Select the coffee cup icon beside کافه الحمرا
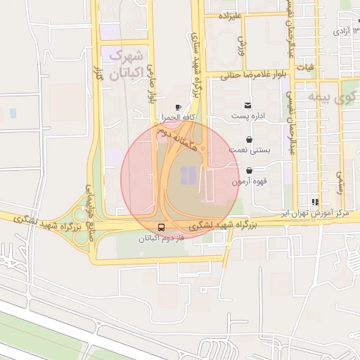click(x=177, y=107)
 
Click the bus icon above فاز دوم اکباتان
click(x=162, y=228)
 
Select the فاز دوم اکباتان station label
click(x=162, y=238)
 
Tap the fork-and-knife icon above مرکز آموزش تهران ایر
click(x=314, y=202)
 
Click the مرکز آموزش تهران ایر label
click(x=314, y=212)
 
